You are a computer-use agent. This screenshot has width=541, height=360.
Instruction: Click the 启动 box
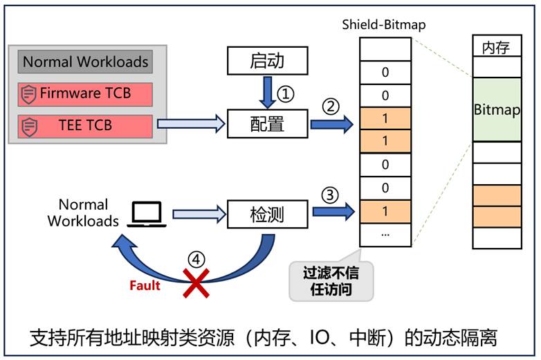point(267,62)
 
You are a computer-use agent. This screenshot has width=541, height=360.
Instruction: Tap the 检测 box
point(267,215)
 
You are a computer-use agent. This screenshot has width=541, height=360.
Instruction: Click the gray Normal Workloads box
point(86,62)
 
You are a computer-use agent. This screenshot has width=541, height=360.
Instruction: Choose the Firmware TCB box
point(86,94)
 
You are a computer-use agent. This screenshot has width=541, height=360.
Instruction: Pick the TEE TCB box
point(86,126)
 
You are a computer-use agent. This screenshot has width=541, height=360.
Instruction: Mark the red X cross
point(196,284)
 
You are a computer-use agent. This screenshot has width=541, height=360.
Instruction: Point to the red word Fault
point(145,285)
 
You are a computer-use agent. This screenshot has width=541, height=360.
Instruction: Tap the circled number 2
point(330,106)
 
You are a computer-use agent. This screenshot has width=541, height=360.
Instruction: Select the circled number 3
point(330,196)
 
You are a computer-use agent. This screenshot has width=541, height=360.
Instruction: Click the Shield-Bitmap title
point(384,25)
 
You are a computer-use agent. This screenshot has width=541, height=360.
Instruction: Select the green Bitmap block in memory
point(497,109)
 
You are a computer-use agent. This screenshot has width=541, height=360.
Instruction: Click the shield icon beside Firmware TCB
point(28,94)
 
